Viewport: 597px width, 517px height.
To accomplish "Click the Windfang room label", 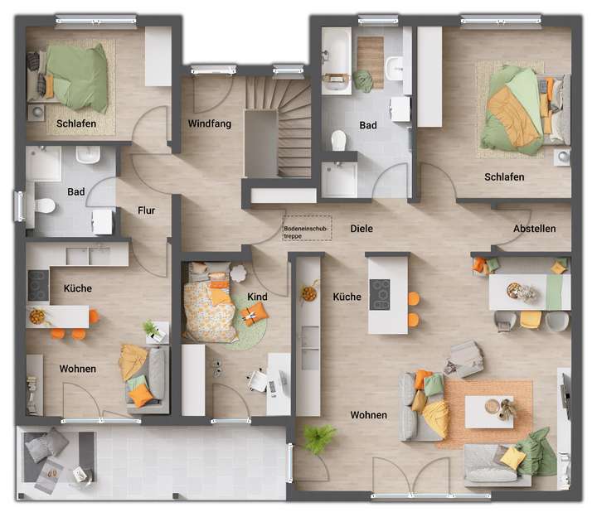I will coord(209,124).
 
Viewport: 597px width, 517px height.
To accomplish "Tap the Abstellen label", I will coord(534,229).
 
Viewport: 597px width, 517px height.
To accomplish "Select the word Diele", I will coord(361,229).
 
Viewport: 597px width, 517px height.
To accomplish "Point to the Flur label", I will coord(146,210).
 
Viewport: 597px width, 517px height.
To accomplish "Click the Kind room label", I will coord(257,296).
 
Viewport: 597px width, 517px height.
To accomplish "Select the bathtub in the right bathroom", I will coord(337,59).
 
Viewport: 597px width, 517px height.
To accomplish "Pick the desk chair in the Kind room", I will coord(258,381).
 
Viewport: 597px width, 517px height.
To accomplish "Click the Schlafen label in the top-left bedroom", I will coord(76,124).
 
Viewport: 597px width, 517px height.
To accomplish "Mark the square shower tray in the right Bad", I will coord(338,180).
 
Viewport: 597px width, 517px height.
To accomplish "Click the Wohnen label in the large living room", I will coord(368,415).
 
